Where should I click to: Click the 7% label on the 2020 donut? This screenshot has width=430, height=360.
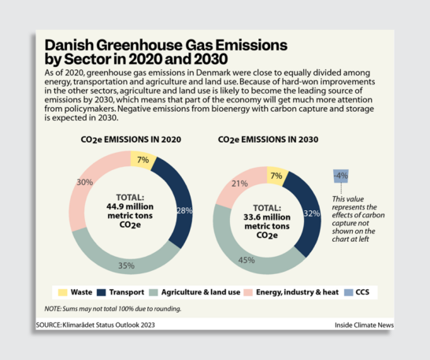(143, 161)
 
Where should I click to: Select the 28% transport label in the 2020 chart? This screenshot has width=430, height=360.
(183, 211)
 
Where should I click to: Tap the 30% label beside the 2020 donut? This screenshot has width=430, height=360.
(84, 182)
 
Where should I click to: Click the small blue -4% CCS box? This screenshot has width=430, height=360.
(341, 174)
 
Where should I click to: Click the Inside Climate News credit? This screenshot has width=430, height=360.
(364, 325)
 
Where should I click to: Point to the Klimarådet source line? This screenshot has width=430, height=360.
(95, 325)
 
